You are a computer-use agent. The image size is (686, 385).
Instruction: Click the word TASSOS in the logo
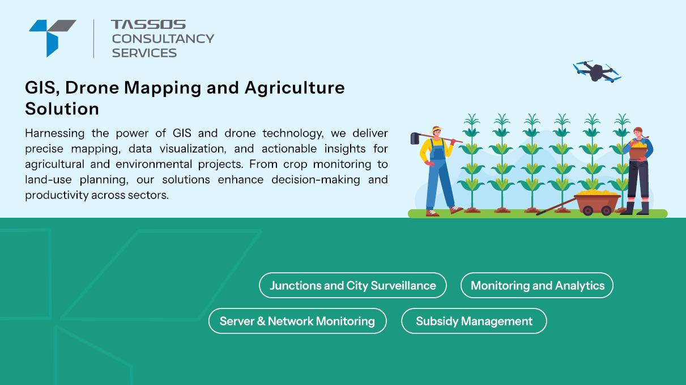148,24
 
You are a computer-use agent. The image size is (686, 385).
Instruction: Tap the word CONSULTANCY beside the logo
163,39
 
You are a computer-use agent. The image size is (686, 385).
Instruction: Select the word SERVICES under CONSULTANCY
144,53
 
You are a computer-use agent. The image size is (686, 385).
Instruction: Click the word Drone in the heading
92,88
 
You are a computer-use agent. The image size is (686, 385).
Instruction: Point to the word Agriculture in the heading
295,88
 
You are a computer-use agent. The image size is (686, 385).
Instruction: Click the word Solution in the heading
62,109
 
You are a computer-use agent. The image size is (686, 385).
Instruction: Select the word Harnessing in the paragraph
55,134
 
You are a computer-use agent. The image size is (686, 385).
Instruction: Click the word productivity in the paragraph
57,195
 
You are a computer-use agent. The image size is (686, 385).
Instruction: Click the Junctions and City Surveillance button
353,285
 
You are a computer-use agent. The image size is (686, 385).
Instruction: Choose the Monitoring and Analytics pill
537,285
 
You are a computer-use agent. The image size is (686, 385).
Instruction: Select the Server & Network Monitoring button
297,321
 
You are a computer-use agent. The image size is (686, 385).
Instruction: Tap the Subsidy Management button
474,321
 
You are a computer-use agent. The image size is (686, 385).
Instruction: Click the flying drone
596,71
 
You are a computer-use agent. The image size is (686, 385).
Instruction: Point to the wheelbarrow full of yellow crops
596,202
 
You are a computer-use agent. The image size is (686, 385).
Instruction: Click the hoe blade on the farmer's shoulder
415,138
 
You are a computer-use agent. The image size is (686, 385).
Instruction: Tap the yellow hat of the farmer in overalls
436,129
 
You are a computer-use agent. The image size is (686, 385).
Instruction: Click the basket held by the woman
638,151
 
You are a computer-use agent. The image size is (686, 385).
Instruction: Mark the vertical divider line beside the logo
93,39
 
